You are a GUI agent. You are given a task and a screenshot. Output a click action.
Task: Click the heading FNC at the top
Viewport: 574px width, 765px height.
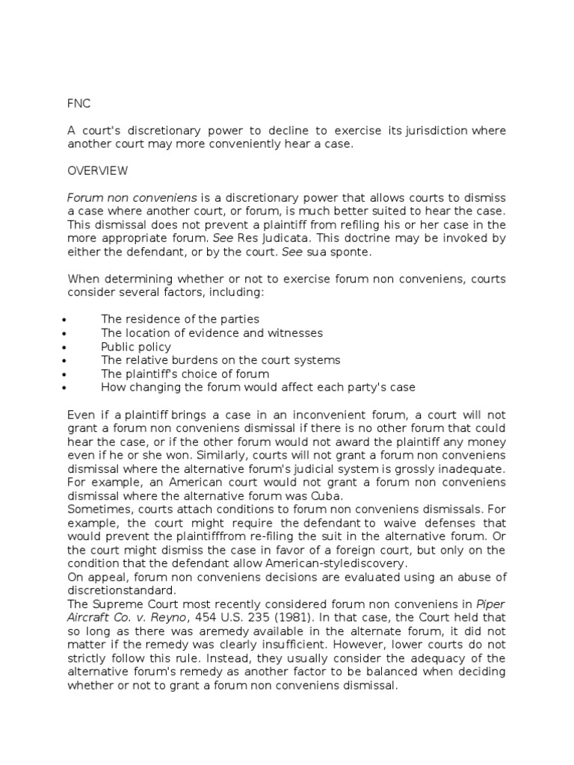pyautogui.click(x=78, y=104)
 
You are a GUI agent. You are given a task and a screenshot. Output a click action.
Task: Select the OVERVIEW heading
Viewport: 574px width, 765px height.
pyautogui.click(x=97, y=171)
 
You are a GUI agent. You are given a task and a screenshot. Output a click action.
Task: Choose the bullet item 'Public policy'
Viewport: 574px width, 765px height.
pyautogui.click(x=136, y=347)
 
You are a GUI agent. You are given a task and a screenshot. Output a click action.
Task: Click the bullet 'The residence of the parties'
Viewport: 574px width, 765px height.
pyautogui.click(x=180, y=320)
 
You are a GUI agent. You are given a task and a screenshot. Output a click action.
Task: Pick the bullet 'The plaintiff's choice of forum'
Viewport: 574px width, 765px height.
pyautogui.click(x=185, y=374)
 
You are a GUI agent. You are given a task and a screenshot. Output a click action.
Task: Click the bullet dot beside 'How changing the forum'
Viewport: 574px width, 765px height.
pyautogui.click(x=67, y=388)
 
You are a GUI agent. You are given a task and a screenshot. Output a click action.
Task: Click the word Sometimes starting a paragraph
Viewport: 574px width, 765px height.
pyautogui.click(x=99, y=509)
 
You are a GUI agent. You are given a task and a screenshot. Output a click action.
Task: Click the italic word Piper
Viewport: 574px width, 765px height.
pyautogui.click(x=491, y=603)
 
